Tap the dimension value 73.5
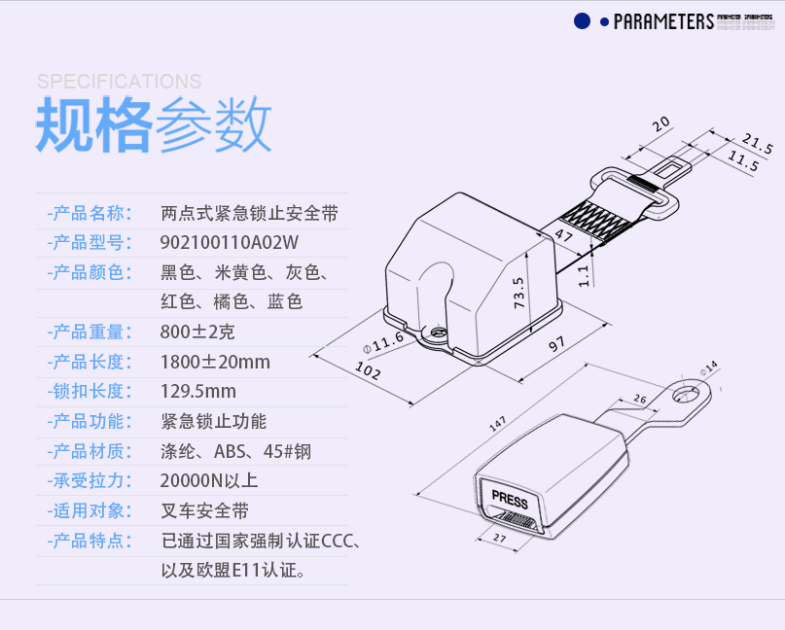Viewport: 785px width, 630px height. click(519, 293)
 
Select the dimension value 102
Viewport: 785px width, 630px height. click(369, 371)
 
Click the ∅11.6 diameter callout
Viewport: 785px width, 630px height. click(382, 340)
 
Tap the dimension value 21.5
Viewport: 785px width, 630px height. click(757, 143)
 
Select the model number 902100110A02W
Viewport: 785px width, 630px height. click(229, 242)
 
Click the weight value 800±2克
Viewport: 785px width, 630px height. click(197, 332)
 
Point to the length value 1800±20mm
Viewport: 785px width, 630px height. click(215, 363)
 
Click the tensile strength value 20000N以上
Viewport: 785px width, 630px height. click(209, 480)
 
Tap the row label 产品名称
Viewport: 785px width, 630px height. click(89, 213)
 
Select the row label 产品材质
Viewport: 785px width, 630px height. click(89, 451)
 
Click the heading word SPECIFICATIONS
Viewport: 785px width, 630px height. click(119, 82)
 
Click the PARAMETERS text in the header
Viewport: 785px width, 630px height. click(663, 21)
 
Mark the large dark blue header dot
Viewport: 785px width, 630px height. click(582, 21)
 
